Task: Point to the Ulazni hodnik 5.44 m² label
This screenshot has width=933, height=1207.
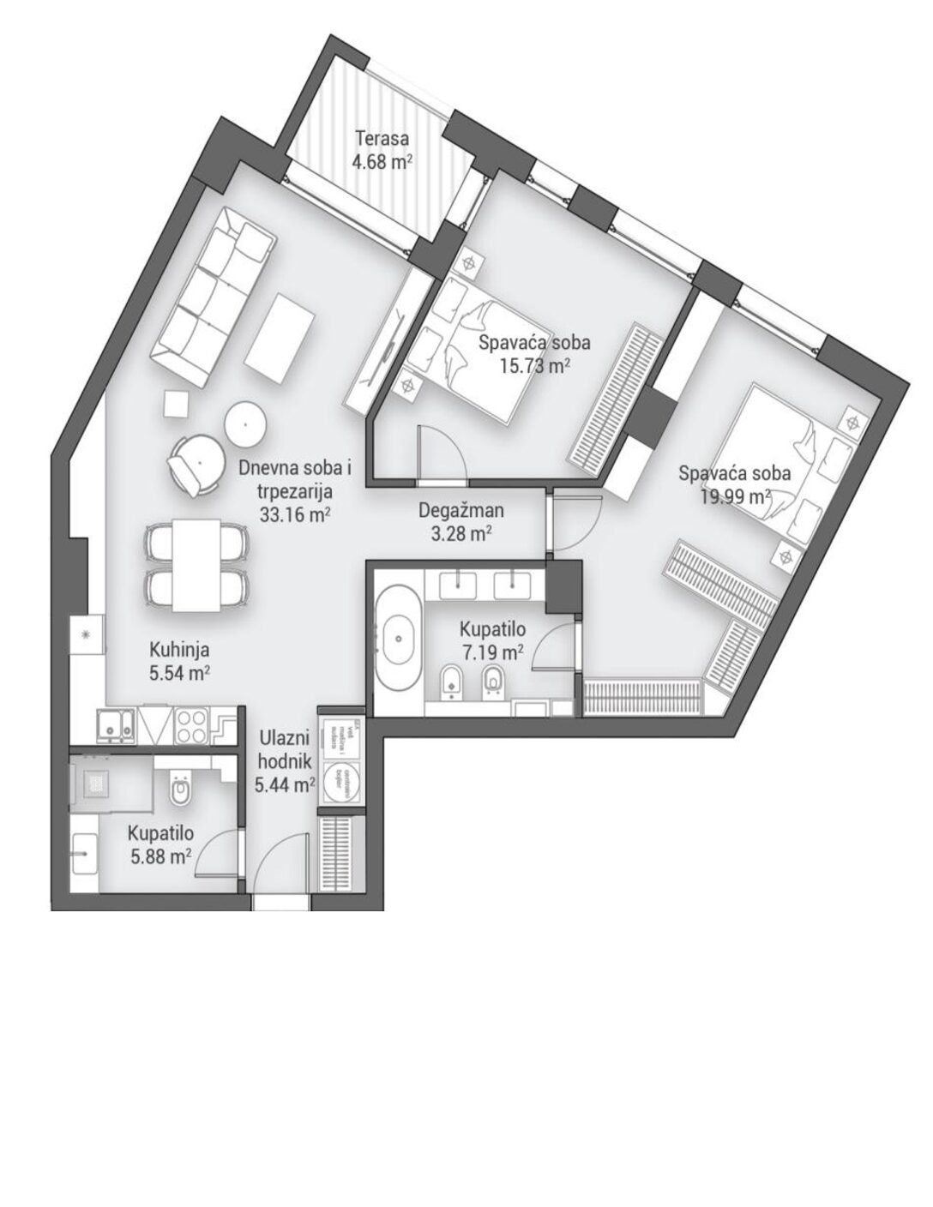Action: [x=286, y=760]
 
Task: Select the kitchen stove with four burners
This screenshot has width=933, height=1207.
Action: [x=192, y=726]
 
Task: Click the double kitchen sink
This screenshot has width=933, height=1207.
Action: [x=114, y=726]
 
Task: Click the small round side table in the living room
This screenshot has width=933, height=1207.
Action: [x=246, y=423]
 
